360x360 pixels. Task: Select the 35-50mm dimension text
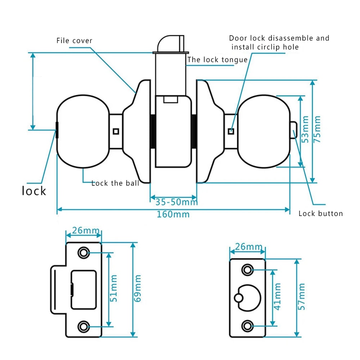click(x=174, y=202)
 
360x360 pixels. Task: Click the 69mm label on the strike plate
click(x=138, y=288)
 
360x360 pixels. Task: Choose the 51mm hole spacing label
click(x=114, y=288)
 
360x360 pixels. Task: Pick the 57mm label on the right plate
click(x=301, y=297)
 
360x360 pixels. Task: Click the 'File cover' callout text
click(x=75, y=41)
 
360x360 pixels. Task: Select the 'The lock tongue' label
click(x=217, y=60)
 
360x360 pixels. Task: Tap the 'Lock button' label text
click(x=320, y=213)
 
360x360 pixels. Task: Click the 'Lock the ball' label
click(x=115, y=183)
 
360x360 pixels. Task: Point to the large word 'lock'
click(x=34, y=190)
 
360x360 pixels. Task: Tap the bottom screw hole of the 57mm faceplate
click(x=247, y=326)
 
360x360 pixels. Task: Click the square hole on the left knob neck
click(x=116, y=131)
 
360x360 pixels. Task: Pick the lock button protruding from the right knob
click(x=293, y=130)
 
